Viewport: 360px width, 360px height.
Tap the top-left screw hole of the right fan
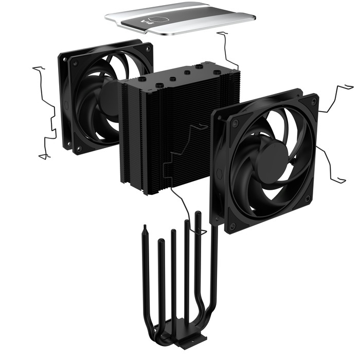235,124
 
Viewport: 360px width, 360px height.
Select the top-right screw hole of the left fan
146,52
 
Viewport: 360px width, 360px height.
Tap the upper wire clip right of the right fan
337,98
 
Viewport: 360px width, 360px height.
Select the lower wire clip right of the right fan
329,165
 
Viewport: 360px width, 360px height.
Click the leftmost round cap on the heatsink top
141,79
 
